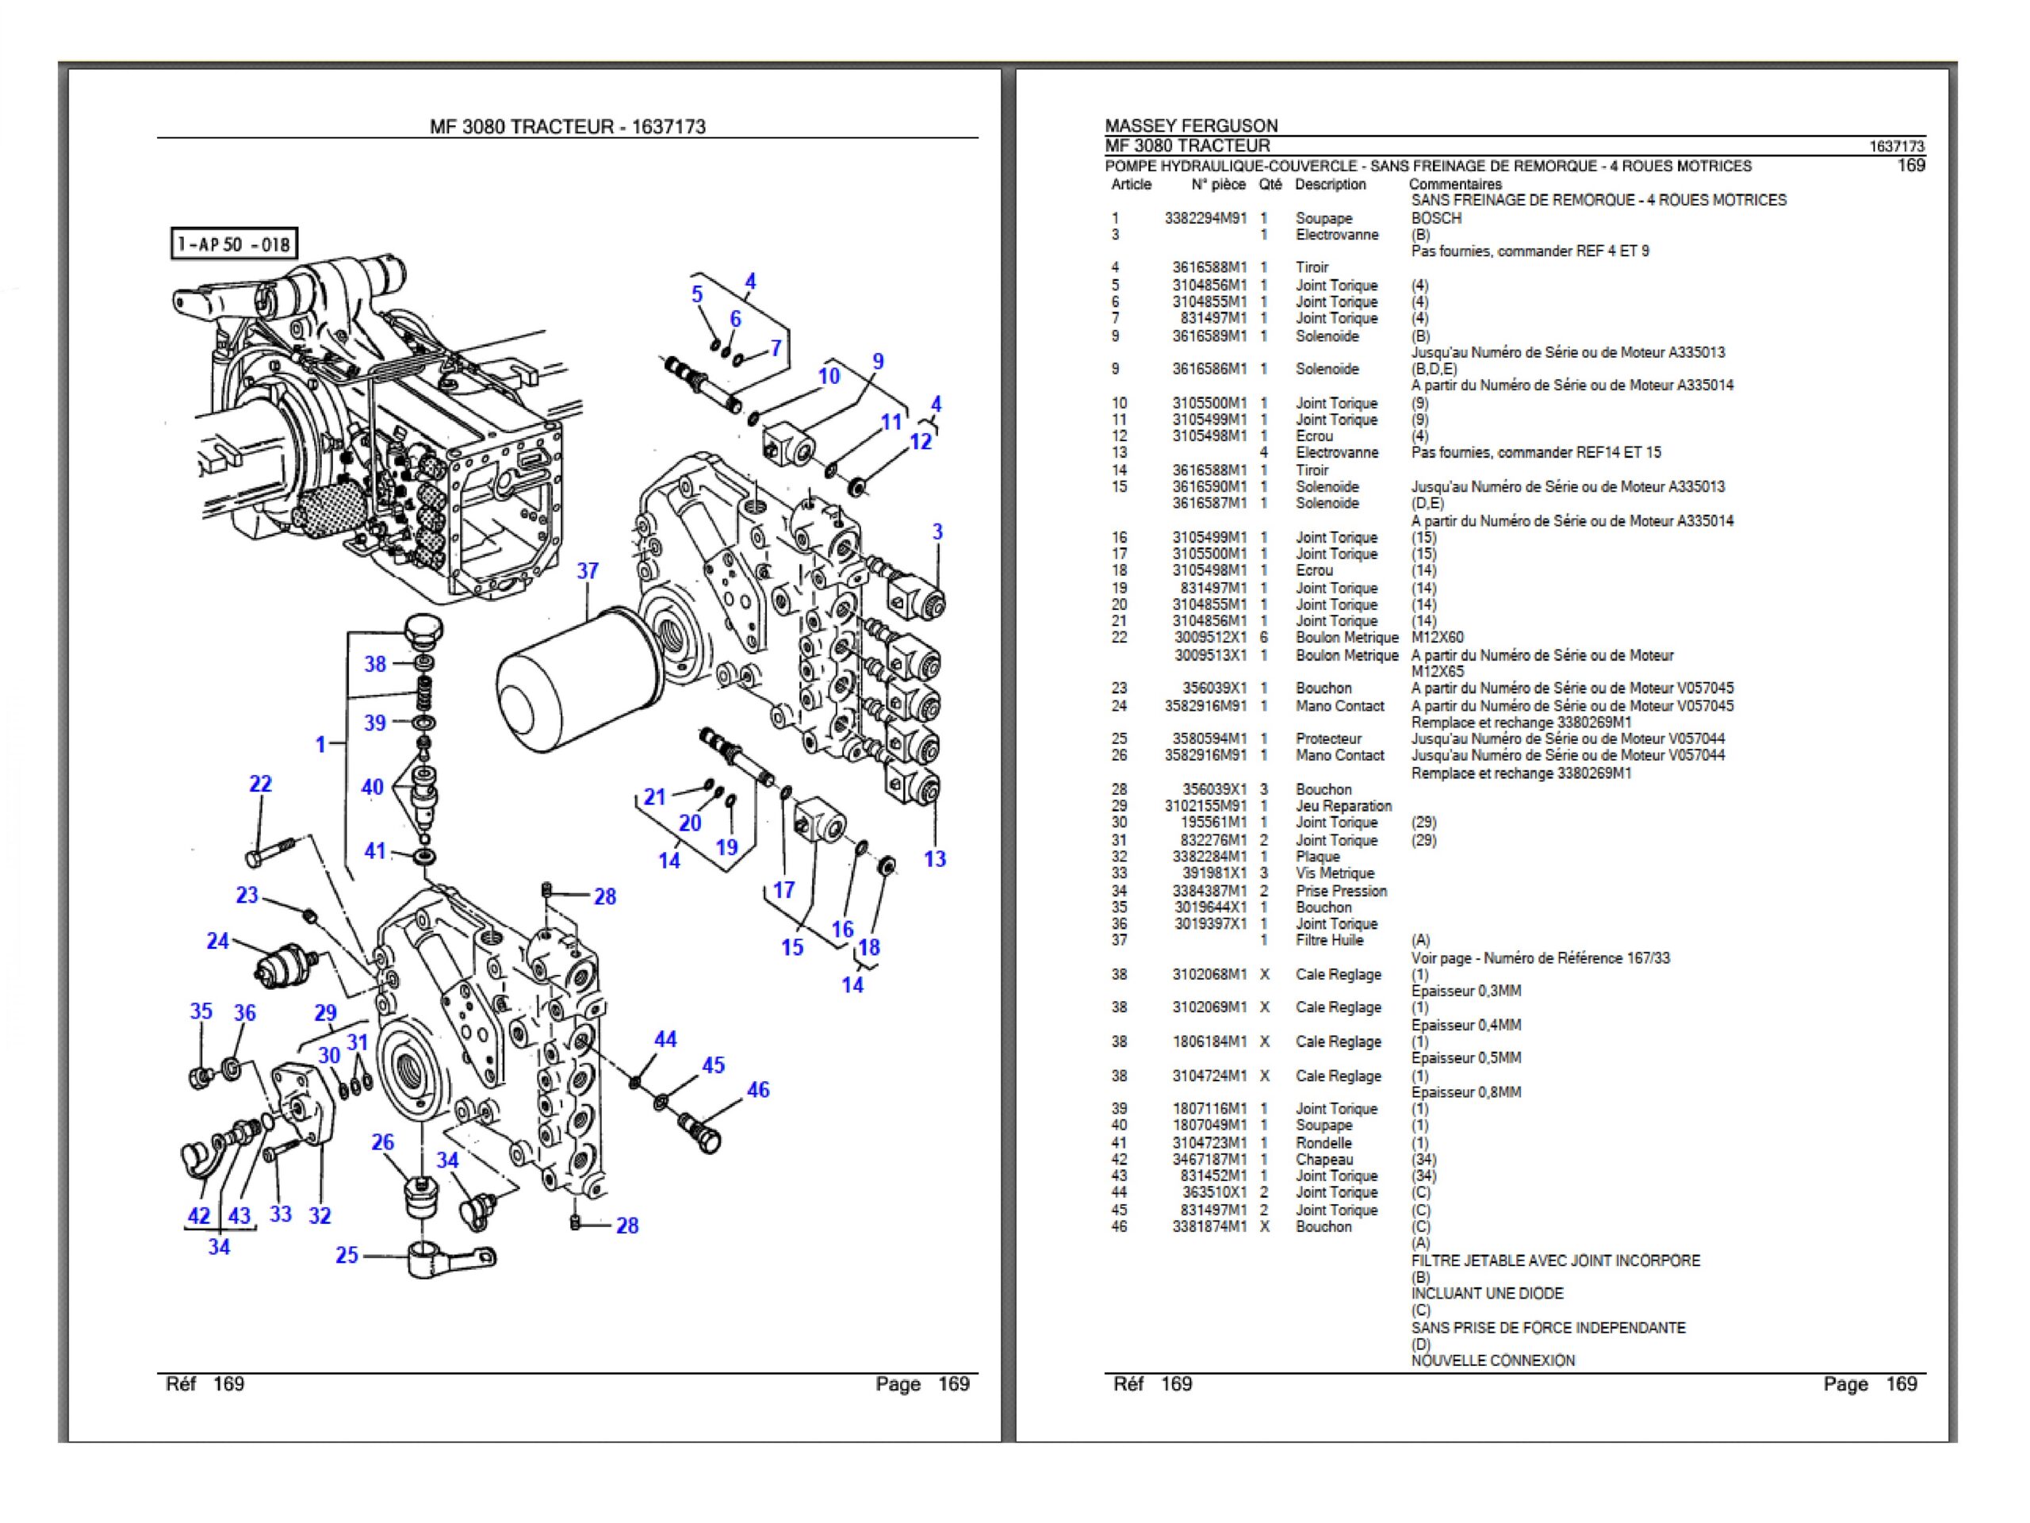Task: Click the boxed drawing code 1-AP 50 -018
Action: pos(235,244)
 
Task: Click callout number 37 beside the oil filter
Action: pos(588,571)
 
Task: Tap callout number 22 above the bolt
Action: pos(261,784)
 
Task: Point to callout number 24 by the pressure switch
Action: pos(217,941)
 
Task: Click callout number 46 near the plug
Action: pos(758,1090)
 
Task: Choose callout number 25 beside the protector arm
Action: pos(347,1255)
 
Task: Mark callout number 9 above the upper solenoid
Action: pos(877,361)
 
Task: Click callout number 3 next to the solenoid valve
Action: pos(937,531)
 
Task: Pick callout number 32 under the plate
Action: pos(320,1215)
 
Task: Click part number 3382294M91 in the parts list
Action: pos(1206,218)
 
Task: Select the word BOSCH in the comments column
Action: pos(1436,218)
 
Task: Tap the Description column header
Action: pos(1330,185)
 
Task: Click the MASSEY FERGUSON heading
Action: pos(1190,126)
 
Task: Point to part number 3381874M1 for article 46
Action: pos(1208,1226)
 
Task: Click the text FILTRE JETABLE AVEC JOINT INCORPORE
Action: pos(1555,1260)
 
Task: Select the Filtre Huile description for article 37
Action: pos(1329,940)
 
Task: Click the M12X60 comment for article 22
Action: pos(1437,637)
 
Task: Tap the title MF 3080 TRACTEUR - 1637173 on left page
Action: pos(567,127)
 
